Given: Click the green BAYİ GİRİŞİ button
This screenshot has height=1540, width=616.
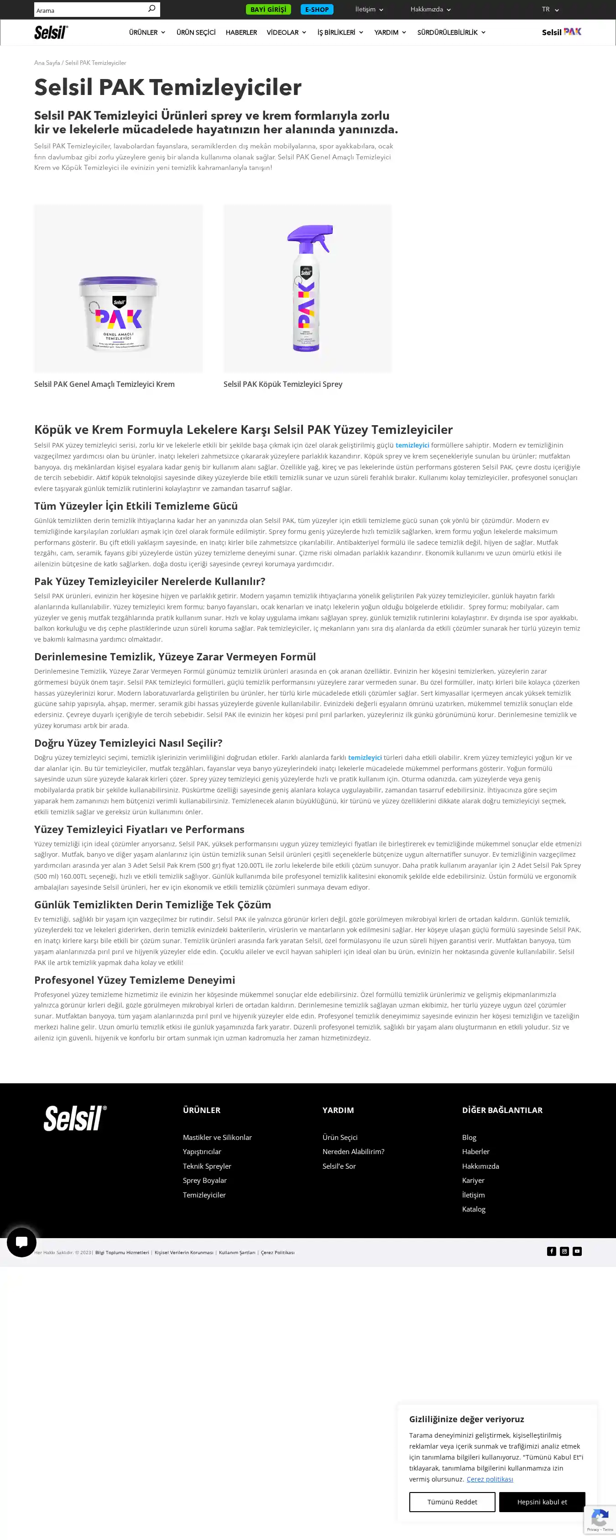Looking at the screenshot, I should coord(268,10).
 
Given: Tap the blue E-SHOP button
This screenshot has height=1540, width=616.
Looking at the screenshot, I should coord(317,10).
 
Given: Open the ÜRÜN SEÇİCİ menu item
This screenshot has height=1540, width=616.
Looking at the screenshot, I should coord(196,32).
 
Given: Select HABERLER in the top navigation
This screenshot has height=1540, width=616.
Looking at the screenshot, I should coord(241,32).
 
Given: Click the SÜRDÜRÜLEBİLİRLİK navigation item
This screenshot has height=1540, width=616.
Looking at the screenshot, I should coord(451,32).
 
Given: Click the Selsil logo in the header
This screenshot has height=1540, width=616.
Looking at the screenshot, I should coord(51,32).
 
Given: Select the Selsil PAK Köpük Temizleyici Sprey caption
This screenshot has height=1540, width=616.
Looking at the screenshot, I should coord(282,385).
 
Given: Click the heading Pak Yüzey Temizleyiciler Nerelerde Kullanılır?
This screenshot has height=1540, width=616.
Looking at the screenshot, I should coord(149,581).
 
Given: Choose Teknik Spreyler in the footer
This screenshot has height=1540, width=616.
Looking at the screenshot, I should coord(207,1166).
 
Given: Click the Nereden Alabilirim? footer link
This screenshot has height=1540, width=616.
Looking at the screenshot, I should coord(353,1151).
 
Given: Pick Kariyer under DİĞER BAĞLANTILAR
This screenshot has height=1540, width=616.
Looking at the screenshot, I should coord(473,1180).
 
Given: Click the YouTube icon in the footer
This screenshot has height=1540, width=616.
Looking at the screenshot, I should coord(577,1251).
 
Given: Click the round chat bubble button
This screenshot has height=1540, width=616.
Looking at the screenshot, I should coord(21,1242).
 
